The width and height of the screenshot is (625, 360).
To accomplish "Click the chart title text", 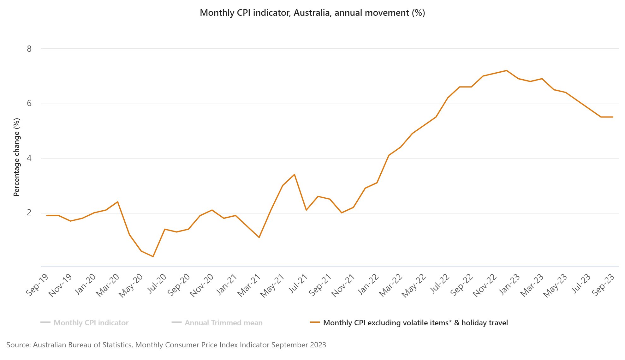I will (312, 13).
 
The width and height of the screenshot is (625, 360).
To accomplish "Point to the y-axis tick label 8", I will (29, 49).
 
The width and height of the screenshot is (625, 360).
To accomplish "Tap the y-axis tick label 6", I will (29, 104).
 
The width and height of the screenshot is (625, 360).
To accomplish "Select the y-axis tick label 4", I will (29, 158).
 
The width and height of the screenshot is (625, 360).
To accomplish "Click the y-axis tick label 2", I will (29, 213).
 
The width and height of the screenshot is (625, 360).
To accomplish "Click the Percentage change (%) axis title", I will (16, 157).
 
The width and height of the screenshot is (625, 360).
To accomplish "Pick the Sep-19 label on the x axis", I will (37, 285).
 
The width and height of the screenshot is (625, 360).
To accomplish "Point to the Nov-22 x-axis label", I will (485, 285).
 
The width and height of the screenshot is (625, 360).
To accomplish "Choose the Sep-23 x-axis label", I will (603, 285).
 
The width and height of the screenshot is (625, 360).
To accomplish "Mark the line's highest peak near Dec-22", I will (507, 70).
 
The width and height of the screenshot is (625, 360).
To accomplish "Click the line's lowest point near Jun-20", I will (153, 256).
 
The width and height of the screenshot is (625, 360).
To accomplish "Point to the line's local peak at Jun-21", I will (295, 174).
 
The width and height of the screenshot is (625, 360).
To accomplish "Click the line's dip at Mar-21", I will (259, 237).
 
